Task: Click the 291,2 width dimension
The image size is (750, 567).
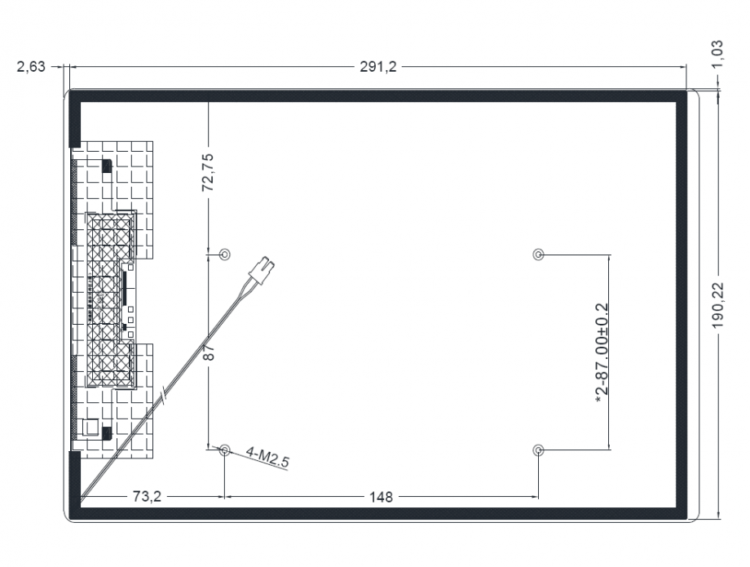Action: click(x=378, y=67)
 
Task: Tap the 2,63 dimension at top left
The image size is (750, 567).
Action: click(x=31, y=67)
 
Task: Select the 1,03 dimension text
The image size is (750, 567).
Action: click(x=717, y=54)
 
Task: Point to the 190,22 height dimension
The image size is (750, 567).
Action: click(x=718, y=305)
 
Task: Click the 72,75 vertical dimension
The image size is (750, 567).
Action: click(x=208, y=172)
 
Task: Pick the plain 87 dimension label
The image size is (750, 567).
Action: click(x=209, y=352)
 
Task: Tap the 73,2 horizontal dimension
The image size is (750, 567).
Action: click(x=147, y=497)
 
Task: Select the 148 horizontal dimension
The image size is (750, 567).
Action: click(x=381, y=497)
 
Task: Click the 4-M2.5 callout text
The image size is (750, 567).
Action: click(x=267, y=457)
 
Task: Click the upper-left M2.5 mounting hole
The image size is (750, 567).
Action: click(x=224, y=254)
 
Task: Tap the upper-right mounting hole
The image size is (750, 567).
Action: click(x=538, y=254)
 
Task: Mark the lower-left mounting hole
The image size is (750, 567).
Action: click(x=224, y=450)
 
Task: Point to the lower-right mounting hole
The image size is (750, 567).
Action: click(x=538, y=450)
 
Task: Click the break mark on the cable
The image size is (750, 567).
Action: click(x=165, y=396)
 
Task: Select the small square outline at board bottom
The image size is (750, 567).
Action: click(x=90, y=427)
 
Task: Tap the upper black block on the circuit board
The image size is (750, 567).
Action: click(x=106, y=166)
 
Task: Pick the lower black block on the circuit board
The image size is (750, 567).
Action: click(x=107, y=433)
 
